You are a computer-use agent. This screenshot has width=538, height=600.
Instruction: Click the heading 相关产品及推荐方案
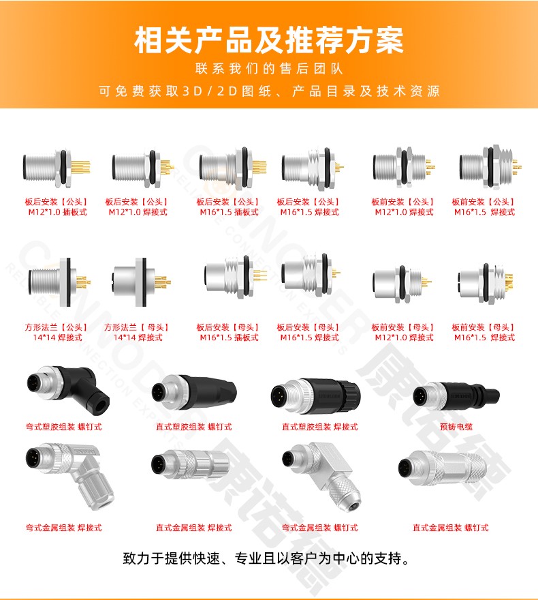coord(268,40)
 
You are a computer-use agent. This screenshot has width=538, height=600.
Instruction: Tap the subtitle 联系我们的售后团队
coord(269,68)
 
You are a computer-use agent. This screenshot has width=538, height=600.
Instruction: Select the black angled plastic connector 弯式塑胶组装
coord(68,390)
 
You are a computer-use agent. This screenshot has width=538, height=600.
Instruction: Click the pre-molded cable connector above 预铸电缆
coord(456,395)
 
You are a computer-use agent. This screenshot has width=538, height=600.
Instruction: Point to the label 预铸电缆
coord(456,427)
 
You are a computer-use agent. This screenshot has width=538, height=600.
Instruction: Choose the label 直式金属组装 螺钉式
coord(451,528)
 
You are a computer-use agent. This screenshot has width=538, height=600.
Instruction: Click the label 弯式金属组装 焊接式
coord(64,528)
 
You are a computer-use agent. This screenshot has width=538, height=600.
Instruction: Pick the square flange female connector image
coord(142,282)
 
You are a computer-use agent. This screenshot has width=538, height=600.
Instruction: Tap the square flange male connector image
coord(59,282)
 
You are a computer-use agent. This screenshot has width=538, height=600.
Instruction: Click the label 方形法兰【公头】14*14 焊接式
coord(57,333)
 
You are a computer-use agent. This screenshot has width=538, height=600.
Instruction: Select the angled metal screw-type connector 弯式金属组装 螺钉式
coord(323,476)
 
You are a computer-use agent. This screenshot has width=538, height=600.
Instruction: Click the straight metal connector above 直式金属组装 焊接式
coord(190,464)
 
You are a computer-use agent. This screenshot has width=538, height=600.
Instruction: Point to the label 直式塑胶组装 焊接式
coord(320,427)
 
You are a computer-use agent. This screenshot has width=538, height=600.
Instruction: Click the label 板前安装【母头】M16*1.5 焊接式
coord(484,333)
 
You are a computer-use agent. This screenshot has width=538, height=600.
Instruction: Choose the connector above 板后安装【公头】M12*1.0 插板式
coord(57,168)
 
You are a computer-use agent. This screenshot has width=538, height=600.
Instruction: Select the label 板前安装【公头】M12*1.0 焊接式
coord(404,207)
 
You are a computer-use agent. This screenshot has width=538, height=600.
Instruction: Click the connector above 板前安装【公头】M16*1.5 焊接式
coord(490,167)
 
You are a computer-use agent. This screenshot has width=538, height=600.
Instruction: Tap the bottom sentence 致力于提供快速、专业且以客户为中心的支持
coord(266,558)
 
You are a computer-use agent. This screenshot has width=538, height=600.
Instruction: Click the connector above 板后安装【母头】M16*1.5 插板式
coord(236,277)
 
